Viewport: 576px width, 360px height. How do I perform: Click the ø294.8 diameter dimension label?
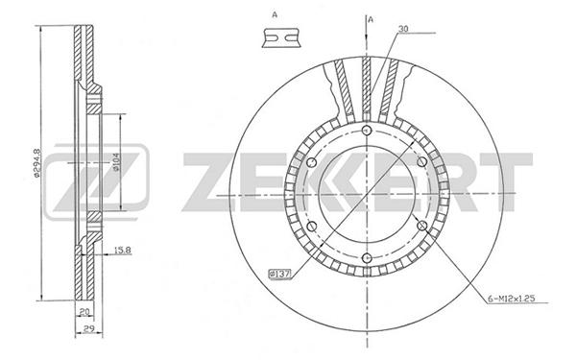(x=36, y=163)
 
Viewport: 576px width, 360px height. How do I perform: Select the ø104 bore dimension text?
(x=115, y=162)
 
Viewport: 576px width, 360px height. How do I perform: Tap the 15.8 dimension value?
(x=122, y=251)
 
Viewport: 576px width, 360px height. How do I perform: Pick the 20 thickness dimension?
(x=84, y=312)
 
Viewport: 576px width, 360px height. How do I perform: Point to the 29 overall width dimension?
(x=88, y=328)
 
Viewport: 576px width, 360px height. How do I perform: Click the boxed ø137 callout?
(x=280, y=274)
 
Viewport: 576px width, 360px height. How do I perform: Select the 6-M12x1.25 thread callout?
(x=512, y=299)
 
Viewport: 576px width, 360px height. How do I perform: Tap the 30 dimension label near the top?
(x=403, y=29)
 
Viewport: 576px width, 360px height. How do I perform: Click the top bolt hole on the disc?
(x=367, y=131)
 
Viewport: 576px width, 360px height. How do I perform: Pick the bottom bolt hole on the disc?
(x=367, y=258)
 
